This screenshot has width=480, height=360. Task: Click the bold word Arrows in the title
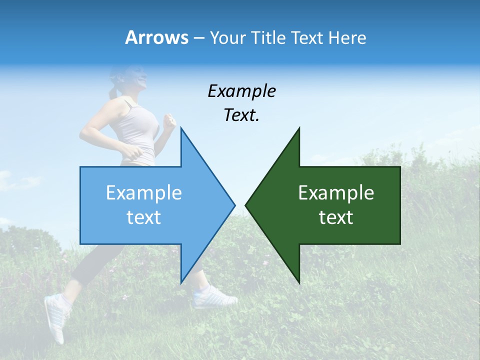156,37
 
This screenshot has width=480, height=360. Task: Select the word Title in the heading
269,37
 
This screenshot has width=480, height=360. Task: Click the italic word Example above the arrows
241,91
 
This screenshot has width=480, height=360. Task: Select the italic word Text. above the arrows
241,115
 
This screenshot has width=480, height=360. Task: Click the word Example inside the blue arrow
144,192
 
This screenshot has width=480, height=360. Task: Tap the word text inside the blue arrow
144,217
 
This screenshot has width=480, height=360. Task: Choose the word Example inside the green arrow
336,192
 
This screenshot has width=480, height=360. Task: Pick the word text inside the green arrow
336,217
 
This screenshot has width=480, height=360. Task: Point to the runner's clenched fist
170,122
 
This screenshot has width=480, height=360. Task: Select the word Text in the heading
306,37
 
